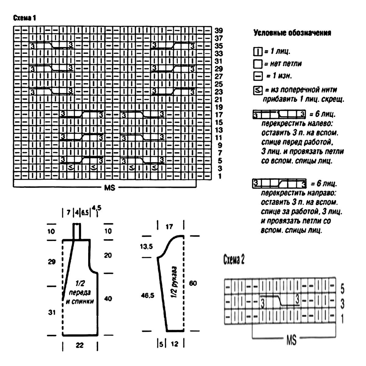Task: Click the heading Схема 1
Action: click(x=24, y=18)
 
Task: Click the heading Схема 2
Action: click(x=234, y=260)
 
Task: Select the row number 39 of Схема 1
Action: click(x=219, y=30)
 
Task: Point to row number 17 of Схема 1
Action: click(x=219, y=115)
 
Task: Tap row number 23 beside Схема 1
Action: click(x=219, y=92)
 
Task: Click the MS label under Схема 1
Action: click(x=110, y=188)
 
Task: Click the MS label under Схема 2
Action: click(x=291, y=340)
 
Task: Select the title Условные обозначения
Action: click(x=292, y=33)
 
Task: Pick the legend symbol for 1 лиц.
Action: click(x=258, y=52)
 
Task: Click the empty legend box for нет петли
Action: click(x=258, y=64)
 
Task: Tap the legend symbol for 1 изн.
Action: click(x=258, y=76)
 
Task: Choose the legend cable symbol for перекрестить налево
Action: click(x=279, y=114)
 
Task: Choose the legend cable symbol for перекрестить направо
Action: click(x=279, y=184)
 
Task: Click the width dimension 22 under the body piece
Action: click(x=80, y=345)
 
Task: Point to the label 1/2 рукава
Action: click(x=174, y=282)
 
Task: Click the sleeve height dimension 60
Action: click(x=193, y=283)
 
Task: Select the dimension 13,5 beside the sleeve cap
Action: click(x=146, y=246)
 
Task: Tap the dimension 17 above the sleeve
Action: click(x=169, y=227)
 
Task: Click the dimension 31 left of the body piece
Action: click(x=52, y=312)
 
